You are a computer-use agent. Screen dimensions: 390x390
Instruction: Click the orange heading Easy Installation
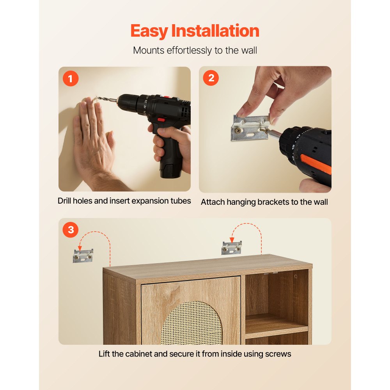(195, 31)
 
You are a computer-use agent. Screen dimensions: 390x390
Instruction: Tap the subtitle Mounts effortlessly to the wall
(195, 50)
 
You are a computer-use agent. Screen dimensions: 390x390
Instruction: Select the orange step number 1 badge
(71, 79)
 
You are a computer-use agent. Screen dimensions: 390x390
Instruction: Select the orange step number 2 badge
(211, 78)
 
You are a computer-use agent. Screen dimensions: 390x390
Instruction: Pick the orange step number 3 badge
(71, 230)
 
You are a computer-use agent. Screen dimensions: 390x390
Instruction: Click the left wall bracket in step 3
(83, 255)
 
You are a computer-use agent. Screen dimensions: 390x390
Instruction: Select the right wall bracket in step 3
(232, 248)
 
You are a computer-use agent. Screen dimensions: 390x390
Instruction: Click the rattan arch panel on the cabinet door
(191, 324)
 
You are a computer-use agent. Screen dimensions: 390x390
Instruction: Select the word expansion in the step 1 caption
(150, 201)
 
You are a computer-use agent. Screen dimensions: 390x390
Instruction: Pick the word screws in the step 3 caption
(278, 354)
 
